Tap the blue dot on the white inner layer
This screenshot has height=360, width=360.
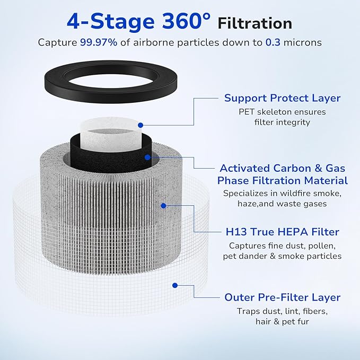click(x=141, y=125)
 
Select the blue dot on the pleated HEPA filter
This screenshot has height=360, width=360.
click(x=163, y=205)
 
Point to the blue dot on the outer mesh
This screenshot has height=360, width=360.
click(x=175, y=286)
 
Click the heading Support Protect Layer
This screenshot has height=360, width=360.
click(x=282, y=98)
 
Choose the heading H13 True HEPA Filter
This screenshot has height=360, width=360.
click(x=282, y=232)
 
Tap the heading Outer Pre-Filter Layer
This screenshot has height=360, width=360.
click(x=282, y=297)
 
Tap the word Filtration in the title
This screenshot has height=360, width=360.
click(x=255, y=23)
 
